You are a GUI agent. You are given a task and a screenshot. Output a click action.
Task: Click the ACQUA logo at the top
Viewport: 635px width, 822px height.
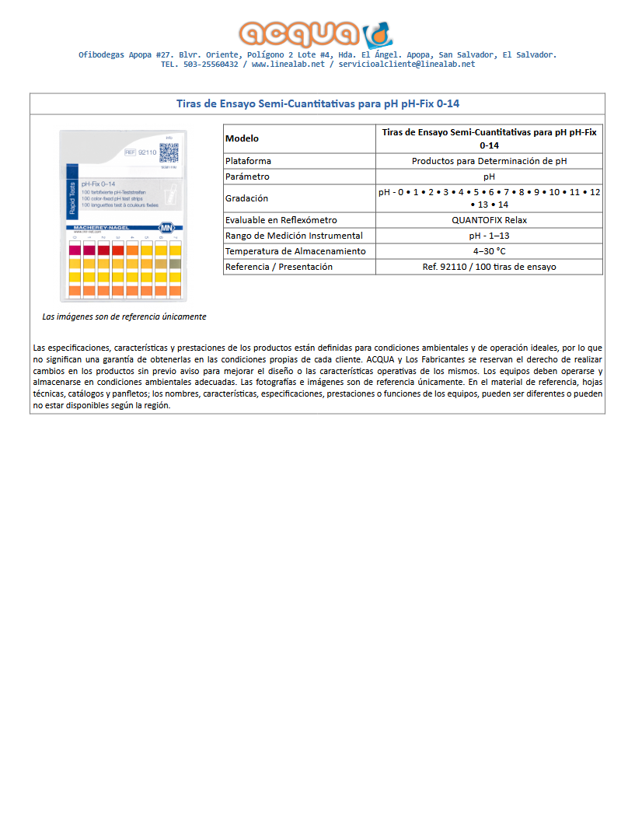pos(316,34)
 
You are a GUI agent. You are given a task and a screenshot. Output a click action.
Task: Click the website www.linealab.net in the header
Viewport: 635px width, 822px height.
pos(288,65)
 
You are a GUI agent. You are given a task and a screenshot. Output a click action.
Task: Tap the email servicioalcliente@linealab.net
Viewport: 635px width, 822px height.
pos(406,65)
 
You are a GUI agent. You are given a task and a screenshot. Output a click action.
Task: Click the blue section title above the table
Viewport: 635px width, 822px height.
pos(317,103)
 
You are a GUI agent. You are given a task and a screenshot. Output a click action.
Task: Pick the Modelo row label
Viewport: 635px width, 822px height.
pos(242,138)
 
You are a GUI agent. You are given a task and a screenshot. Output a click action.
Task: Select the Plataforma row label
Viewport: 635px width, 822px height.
pos(248,161)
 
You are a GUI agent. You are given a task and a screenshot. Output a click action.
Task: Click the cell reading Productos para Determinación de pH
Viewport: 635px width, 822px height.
pos(489,161)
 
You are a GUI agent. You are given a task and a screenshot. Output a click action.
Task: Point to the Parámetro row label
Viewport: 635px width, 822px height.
pos(248,177)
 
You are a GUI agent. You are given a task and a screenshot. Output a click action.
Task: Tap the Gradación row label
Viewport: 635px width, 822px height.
pos(246,198)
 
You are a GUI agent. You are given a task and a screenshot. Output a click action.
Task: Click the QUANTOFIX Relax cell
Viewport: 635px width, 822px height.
pos(489,220)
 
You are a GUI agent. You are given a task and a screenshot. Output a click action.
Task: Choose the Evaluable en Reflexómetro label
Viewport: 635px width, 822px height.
pos(281,220)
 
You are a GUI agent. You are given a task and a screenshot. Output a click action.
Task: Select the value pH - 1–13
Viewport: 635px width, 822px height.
pos(489,236)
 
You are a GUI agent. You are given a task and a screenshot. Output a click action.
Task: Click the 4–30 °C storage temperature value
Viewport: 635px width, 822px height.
pos(489,251)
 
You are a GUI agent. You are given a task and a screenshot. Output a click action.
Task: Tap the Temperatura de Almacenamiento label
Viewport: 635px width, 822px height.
pos(295,251)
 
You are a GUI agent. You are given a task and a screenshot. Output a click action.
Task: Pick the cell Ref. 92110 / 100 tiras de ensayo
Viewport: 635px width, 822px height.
pos(489,267)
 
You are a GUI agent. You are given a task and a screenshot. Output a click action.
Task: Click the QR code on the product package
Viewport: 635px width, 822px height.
pos(169,153)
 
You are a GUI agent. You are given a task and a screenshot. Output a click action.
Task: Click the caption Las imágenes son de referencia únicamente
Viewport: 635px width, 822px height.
pos(124,317)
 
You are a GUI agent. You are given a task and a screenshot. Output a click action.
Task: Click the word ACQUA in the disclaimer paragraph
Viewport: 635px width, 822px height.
pos(380,360)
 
